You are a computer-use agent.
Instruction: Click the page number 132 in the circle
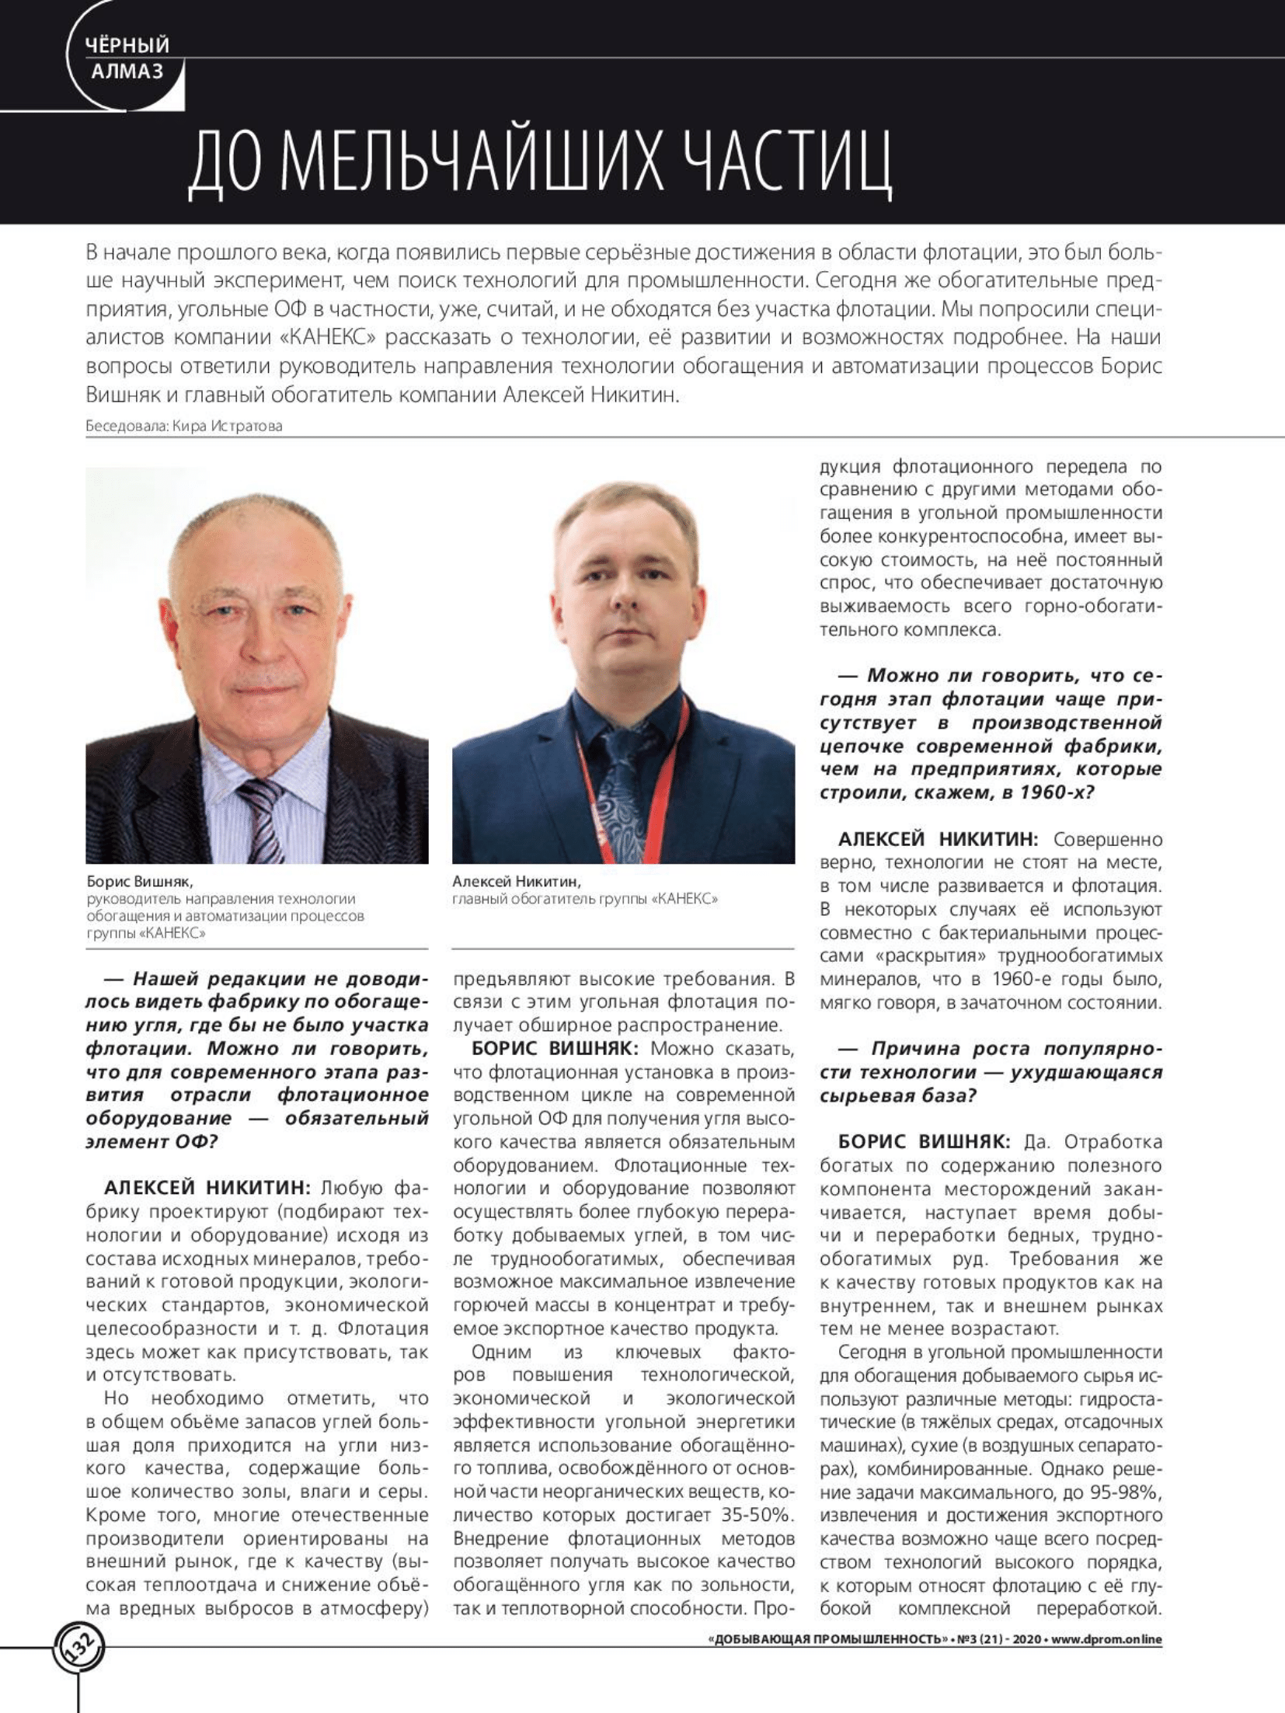(x=78, y=1644)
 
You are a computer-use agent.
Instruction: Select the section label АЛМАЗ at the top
(x=127, y=71)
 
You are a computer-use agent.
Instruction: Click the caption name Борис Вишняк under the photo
(x=140, y=882)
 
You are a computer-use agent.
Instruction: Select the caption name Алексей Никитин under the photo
(x=517, y=882)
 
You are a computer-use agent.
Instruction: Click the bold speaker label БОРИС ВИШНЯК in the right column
(x=924, y=1142)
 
